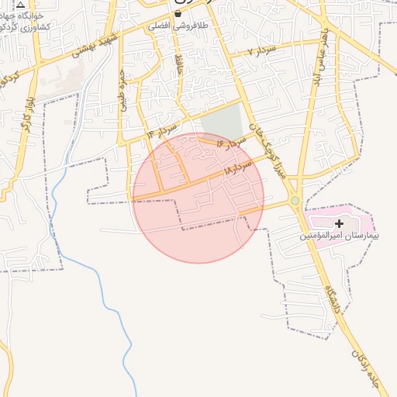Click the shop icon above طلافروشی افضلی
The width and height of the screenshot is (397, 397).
click(178, 13)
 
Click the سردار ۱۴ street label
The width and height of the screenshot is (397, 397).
click(161, 130)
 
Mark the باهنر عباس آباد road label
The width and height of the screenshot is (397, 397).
click(317, 57)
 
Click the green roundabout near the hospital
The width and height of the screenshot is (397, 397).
click(295, 202)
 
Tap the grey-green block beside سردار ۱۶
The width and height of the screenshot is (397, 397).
click(222, 122)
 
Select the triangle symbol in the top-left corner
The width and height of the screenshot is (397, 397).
click(21, 3)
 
